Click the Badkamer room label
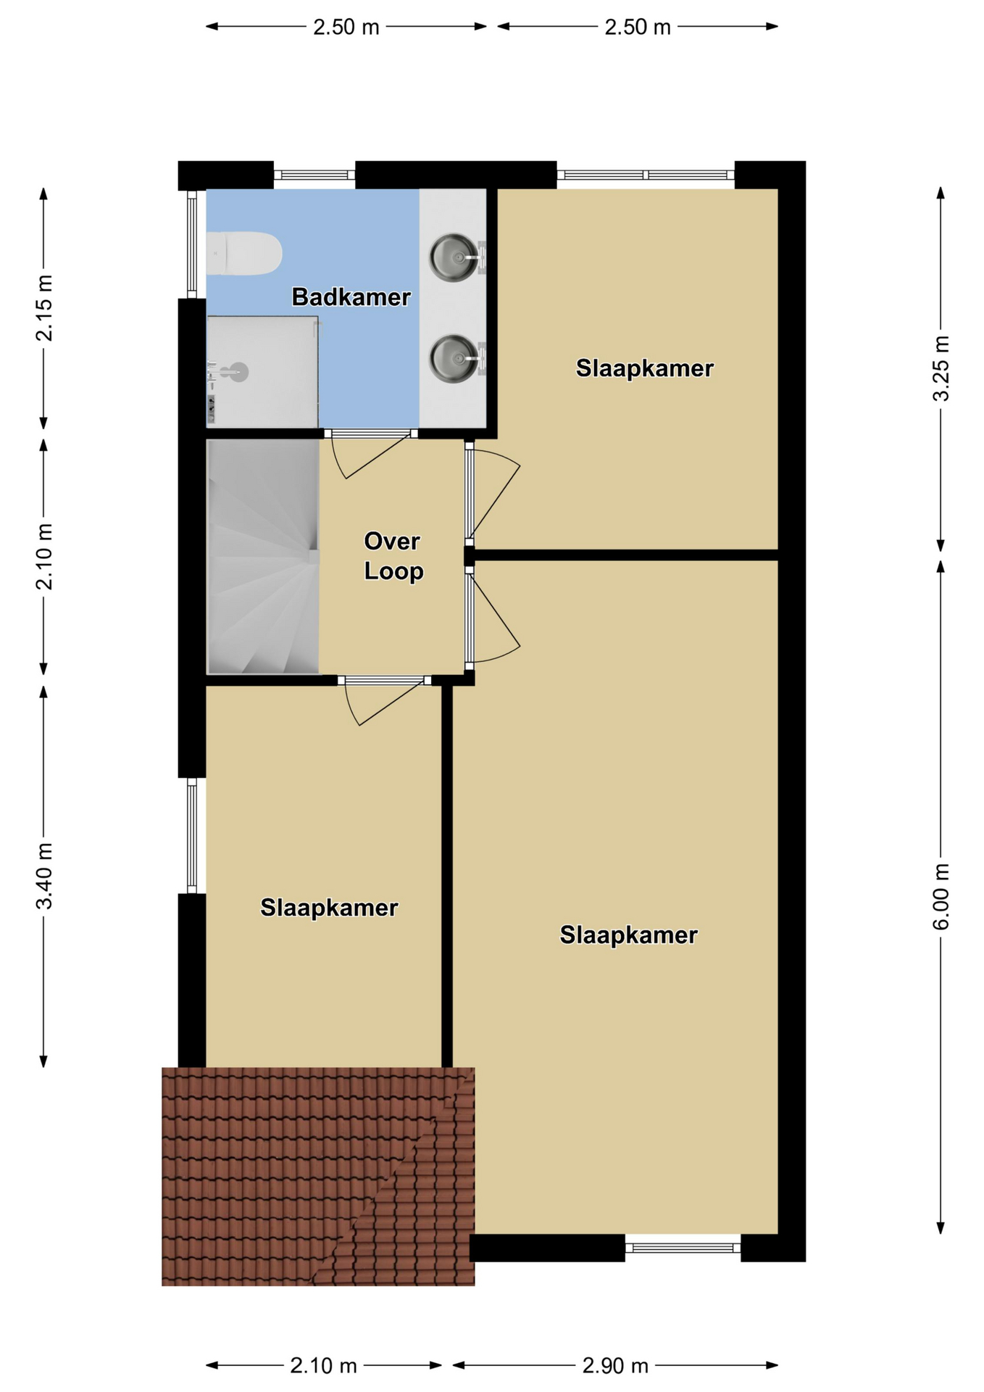pos(351,297)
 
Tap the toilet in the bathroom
pos(243,254)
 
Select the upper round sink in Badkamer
pos(454,256)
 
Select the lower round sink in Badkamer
pos(454,357)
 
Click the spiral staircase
pos(263,557)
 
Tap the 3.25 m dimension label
pos(941,368)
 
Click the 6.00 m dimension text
pos(941,896)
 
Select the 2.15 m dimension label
pos(45,307)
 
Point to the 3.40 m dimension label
pos(45,875)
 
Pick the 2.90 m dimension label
pos(615,1366)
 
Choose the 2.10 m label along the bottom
pos(323,1366)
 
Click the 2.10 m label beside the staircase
pos(45,557)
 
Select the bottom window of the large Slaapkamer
pos(683,1248)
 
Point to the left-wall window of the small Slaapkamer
pos(192,836)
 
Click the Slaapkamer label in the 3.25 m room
pos(645,368)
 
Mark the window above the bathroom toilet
pos(314,175)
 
